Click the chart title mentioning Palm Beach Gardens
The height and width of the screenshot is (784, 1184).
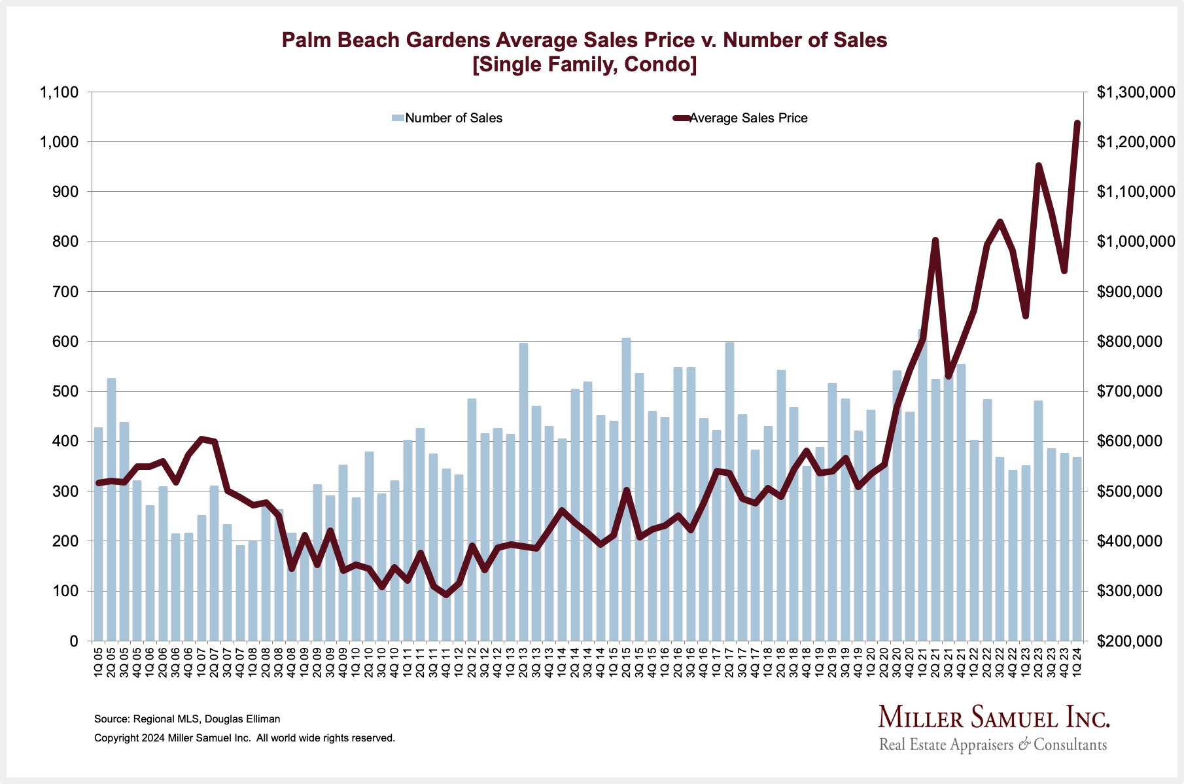point(584,40)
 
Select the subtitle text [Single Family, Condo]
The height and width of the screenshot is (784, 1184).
point(584,65)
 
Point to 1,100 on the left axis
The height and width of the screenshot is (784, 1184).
point(60,92)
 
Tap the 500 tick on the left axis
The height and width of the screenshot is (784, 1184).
point(66,391)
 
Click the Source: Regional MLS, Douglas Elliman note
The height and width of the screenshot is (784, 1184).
point(187,719)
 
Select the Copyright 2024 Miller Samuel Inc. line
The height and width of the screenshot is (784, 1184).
point(245,738)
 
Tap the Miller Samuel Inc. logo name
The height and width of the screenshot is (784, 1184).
point(994,717)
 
